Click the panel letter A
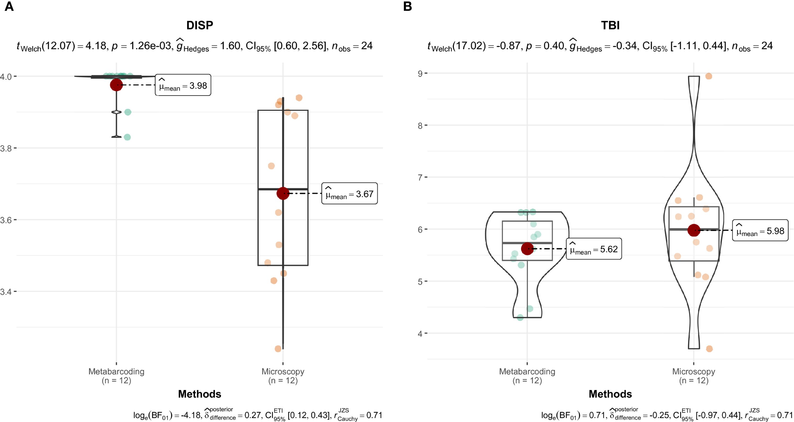coord(9,6)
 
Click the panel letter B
coord(407,6)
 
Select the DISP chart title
coord(200,25)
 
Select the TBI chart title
coord(610,25)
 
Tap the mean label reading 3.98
coord(183,85)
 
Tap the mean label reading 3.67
coord(349,194)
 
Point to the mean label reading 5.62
coord(594,249)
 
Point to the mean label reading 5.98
coord(760,231)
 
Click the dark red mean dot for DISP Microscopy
coord(283,194)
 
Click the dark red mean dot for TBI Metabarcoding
coord(527,249)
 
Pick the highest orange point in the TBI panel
coord(708,76)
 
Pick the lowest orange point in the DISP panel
coord(278,349)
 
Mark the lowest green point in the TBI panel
coord(520,317)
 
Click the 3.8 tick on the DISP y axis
coord(6,148)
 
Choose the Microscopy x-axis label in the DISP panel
coord(283,375)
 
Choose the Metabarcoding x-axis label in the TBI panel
coord(527,375)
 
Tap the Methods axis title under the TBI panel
coord(610,394)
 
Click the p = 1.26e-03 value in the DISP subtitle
coord(142,46)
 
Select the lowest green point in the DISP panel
coord(127,137)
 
